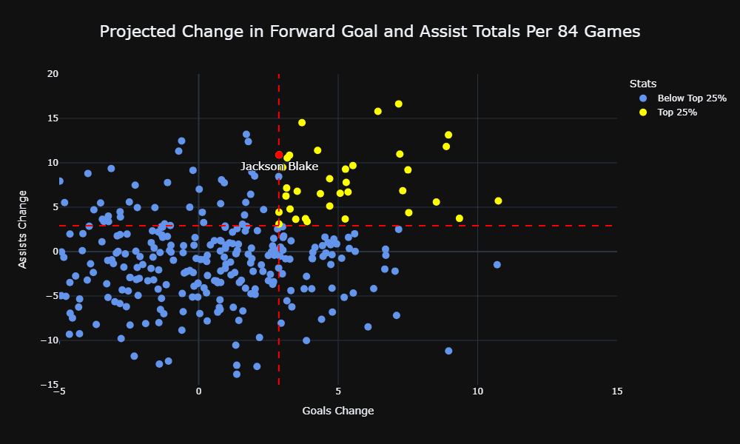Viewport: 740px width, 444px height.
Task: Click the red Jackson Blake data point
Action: pyautogui.click(x=279, y=155)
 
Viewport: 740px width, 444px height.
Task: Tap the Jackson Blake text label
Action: pyautogui.click(x=279, y=166)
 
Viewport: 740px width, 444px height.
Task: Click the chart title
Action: pyautogui.click(x=370, y=31)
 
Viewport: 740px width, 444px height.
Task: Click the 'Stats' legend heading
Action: pyautogui.click(x=643, y=84)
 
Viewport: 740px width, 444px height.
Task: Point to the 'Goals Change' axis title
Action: pyautogui.click(x=338, y=411)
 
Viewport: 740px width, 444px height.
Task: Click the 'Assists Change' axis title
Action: pyautogui.click(x=23, y=229)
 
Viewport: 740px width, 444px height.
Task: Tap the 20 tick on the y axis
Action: pyautogui.click(x=53, y=73)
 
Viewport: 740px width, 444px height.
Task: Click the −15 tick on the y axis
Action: pyautogui.click(x=50, y=385)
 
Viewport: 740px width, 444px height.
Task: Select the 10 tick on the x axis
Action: pyautogui.click(x=477, y=391)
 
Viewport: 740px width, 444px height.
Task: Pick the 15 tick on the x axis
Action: pyautogui.click(x=617, y=391)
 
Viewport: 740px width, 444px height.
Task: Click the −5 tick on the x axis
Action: pyautogui.click(x=59, y=391)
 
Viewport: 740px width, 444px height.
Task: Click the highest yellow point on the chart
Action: pyautogui.click(x=399, y=104)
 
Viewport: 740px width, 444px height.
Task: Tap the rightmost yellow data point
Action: pyautogui.click(x=498, y=201)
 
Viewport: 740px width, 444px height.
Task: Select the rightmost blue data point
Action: pyautogui.click(x=497, y=265)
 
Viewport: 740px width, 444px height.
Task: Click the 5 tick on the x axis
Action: pyautogui.click(x=338, y=391)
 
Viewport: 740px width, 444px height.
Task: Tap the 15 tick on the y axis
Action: pyautogui.click(x=53, y=118)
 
